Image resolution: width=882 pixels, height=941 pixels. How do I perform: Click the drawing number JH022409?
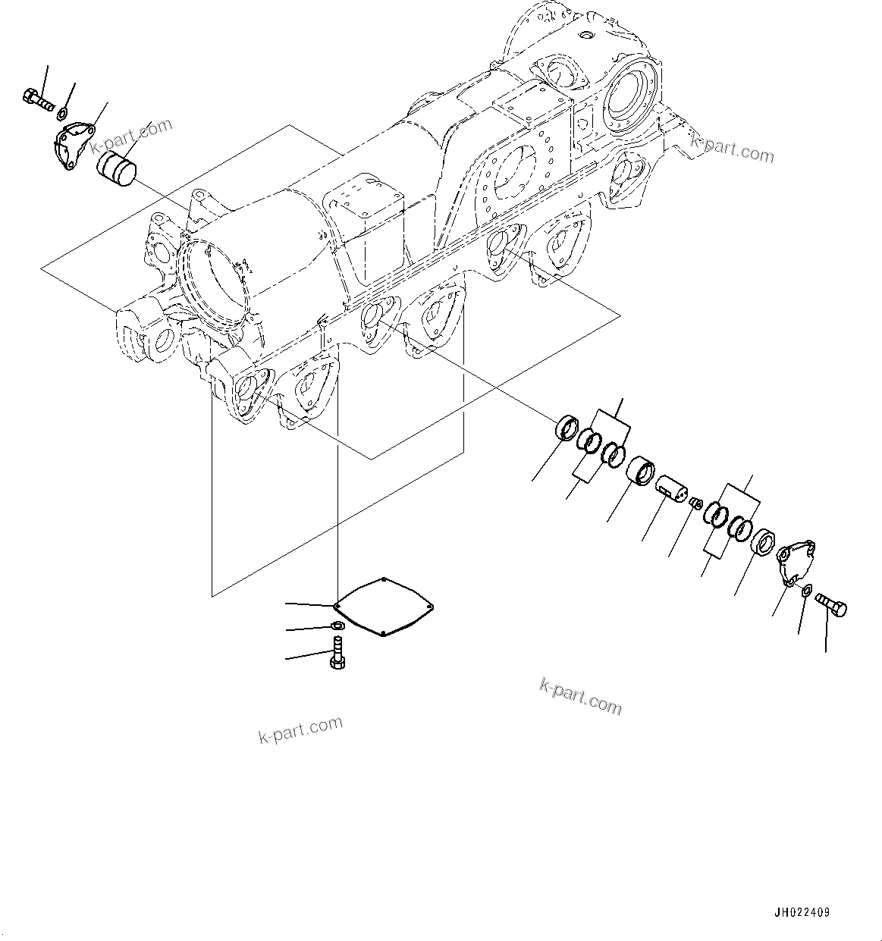coord(802,913)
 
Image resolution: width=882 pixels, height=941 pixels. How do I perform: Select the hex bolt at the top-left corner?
coord(36,99)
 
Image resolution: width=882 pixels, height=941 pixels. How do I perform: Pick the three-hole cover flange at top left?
coord(74,143)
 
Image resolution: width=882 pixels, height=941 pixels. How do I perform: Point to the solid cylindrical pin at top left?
coord(115,168)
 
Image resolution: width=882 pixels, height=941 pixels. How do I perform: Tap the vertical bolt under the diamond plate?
coord(337,653)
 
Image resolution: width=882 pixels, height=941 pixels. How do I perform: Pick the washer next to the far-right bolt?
coord(808,589)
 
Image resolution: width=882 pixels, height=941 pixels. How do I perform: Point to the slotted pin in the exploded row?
coord(670,486)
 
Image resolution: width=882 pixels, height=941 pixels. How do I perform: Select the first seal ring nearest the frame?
coord(567,428)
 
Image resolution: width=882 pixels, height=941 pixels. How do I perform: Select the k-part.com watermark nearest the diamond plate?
coord(300,730)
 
